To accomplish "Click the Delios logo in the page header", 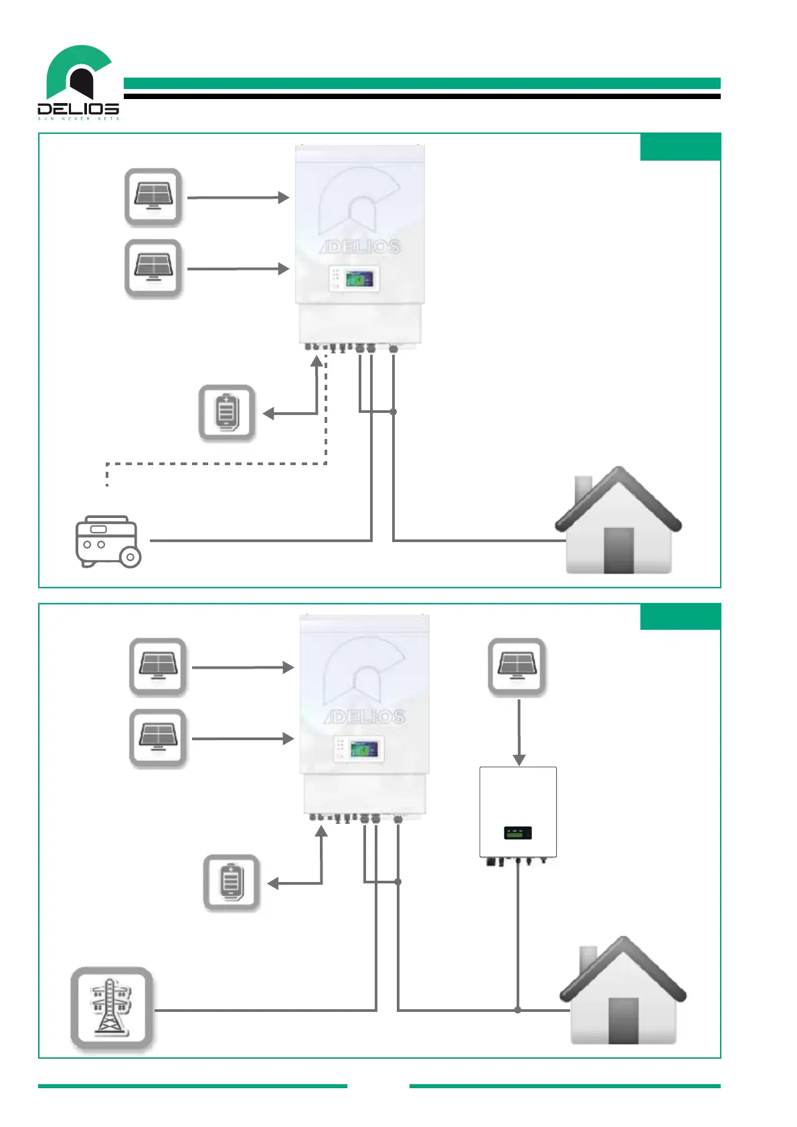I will [x=78, y=82].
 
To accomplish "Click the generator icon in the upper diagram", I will [x=107, y=541].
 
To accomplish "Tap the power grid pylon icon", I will [x=112, y=1008].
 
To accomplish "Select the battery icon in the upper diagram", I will [x=226, y=412].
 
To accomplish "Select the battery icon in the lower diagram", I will [x=231, y=882].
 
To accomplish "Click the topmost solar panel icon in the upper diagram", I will [x=153, y=197].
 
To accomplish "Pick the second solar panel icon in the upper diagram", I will [x=153, y=268].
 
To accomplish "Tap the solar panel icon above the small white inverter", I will [x=517, y=667].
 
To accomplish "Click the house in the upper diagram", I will [x=618, y=522].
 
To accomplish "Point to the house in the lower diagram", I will [x=623, y=992].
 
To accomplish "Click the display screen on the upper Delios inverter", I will [x=359, y=278].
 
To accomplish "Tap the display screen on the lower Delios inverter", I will [x=363, y=748].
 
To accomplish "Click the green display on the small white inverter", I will [x=517, y=833].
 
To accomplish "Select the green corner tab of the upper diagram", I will [x=680, y=147].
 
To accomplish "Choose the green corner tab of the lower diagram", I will [x=680, y=616].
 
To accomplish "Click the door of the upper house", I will [x=619, y=550].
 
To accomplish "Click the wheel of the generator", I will [x=130, y=557].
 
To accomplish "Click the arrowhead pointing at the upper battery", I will [x=269, y=414].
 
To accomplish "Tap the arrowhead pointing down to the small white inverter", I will [x=519, y=760].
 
